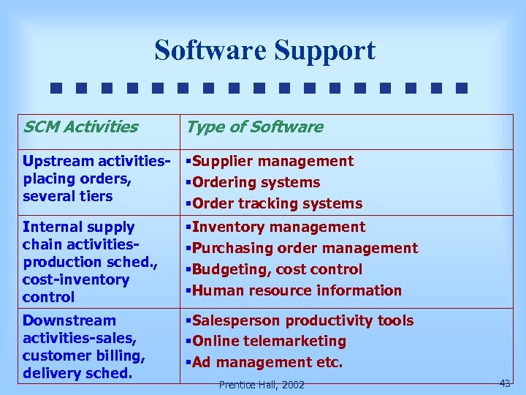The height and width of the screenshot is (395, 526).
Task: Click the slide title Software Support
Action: (x=264, y=50)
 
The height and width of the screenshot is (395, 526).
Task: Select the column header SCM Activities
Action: (x=80, y=127)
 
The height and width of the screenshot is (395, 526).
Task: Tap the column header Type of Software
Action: (x=254, y=127)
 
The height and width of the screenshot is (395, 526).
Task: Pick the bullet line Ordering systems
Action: (x=255, y=182)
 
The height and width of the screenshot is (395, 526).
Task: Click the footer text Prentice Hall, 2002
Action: (x=262, y=384)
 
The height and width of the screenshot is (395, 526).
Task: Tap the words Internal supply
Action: (x=78, y=227)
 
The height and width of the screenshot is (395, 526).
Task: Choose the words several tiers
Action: (x=67, y=196)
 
